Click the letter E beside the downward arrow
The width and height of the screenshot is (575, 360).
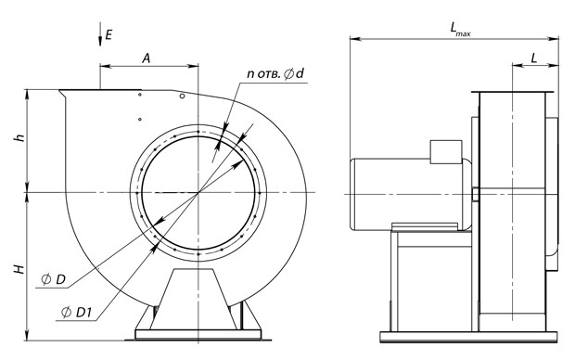(109, 35)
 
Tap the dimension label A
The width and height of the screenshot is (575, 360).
(147, 58)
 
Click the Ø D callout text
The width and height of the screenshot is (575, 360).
(53, 280)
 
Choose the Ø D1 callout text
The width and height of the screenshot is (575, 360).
(76, 313)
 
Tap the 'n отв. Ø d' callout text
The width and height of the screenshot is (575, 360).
(275, 73)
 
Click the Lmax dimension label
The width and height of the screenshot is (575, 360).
(460, 29)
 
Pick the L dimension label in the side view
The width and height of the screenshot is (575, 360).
(534, 58)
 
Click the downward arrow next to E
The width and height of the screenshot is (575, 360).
(100, 34)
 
